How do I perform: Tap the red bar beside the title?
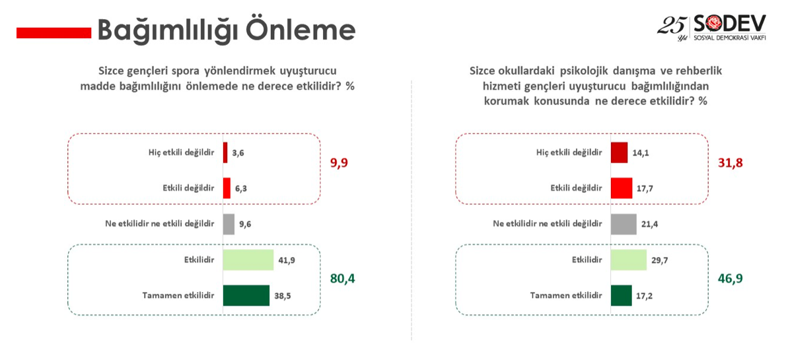pyautogui.click(x=54, y=32)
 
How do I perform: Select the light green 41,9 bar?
pyautogui.click(x=248, y=260)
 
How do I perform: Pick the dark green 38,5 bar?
pyautogui.click(x=246, y=295)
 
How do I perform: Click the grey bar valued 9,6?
pyautogui.click(x=229, y=224)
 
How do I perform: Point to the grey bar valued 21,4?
pyautogui.click(x=624, y=224)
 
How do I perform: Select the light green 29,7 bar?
pyautogui.click(x=629, y=260)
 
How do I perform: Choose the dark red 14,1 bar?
pyautogui.click(x=620, y=153)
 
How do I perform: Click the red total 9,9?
pyautogui.click(x=339, y=162)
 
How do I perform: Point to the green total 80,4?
pyautogui.click(x=342, y=278)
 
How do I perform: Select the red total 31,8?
pyautogui.click(x=730, y=162)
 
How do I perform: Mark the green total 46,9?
pyautogui.click(x=730, y=278)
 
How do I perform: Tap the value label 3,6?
pyautogui.click(x=238, y=153)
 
